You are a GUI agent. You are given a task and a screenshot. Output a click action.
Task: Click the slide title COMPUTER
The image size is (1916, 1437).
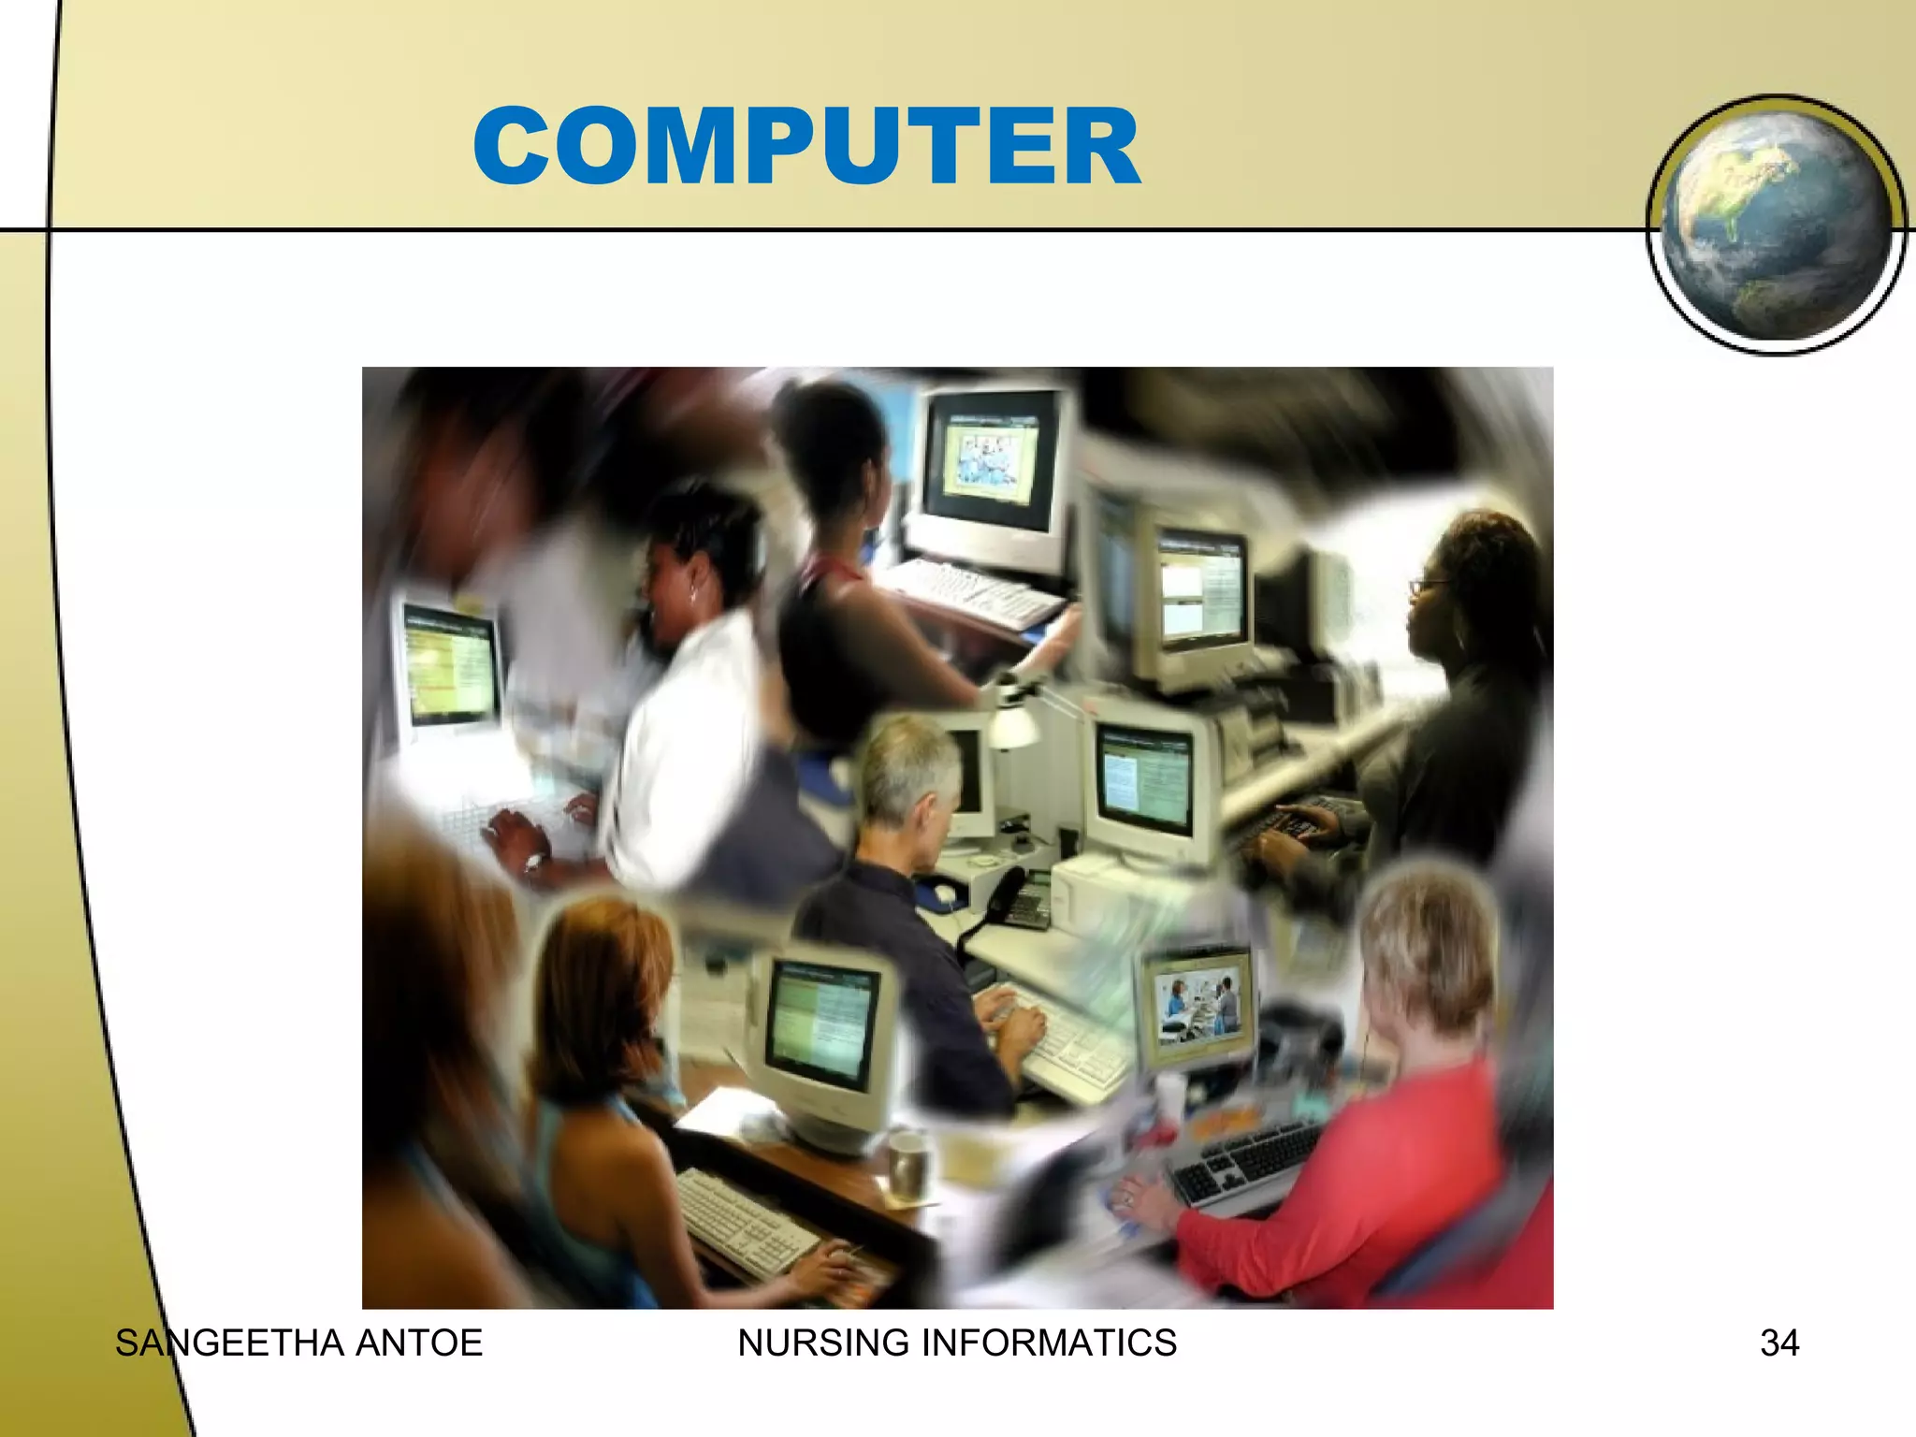click(x=806, y=147)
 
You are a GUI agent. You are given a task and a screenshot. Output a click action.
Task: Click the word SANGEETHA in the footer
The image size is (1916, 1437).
click(x=230, y=1343)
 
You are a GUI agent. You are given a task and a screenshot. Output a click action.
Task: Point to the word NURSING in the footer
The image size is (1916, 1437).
click(x=823, y=1343)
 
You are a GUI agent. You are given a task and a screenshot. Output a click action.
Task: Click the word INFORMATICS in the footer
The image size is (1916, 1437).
click(x=1049, y=1343)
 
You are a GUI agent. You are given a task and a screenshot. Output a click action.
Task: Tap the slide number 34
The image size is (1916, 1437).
click(x=1779, y=1343)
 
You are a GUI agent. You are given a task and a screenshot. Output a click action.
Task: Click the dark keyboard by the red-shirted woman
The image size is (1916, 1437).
click(x=1244, y=1160)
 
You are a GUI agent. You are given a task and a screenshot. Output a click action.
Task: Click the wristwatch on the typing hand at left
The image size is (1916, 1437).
click(x=534, y=859)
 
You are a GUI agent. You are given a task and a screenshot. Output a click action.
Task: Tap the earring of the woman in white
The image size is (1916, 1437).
click(x=693, y=592)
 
